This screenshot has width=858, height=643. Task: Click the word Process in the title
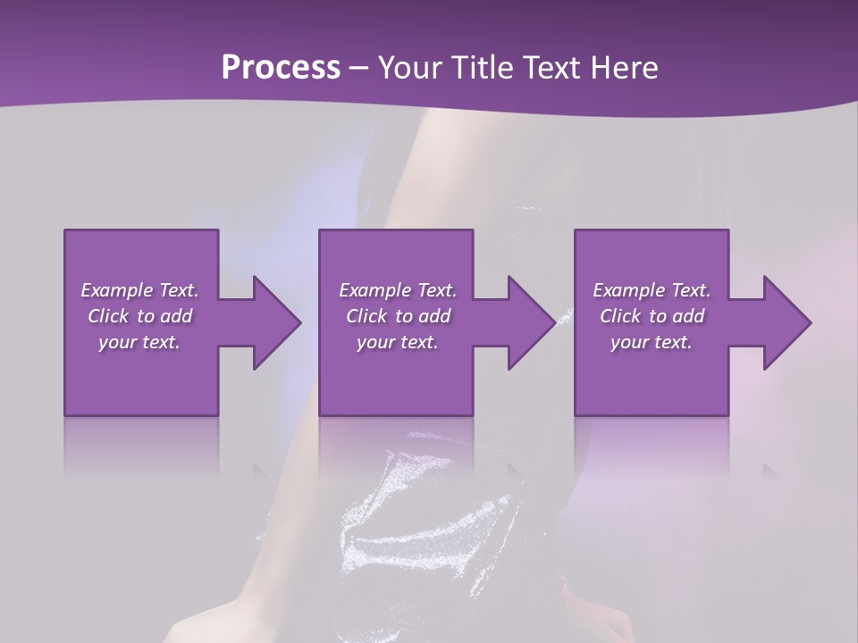point(281,68)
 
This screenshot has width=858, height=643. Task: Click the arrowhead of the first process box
point(275,322)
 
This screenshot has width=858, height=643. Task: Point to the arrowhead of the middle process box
point(531,322)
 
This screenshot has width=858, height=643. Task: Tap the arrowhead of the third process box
point(786,322)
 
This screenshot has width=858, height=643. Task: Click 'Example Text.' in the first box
point(139,290)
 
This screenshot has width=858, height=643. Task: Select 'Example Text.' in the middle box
point(398,290)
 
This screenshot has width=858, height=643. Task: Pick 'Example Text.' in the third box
point(652,290)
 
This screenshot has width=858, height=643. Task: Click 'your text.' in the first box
point(139,342)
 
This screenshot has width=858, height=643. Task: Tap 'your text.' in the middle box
point(398,342)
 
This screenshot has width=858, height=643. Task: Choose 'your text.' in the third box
point(652,342)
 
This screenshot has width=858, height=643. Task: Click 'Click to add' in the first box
point(139,316)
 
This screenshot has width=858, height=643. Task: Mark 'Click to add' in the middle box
point(398,316)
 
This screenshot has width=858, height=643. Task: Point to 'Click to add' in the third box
point(652,316)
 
